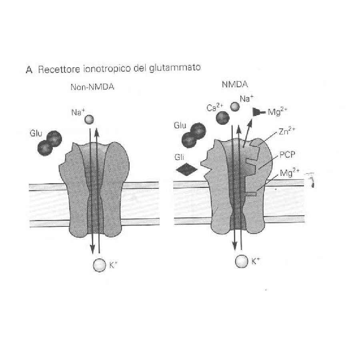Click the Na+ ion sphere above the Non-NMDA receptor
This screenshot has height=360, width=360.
[89, 119]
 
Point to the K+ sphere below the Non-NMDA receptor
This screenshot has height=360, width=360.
[98, 264]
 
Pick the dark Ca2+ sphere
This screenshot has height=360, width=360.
[223, 117]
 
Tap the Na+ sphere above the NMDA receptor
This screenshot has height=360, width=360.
[235, 106]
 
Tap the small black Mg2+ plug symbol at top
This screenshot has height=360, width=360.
[256, 113]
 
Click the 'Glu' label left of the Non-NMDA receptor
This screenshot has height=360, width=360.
[36, 132]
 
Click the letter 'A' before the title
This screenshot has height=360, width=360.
[28, 70]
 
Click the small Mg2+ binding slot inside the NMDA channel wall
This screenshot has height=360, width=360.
[251, 194]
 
